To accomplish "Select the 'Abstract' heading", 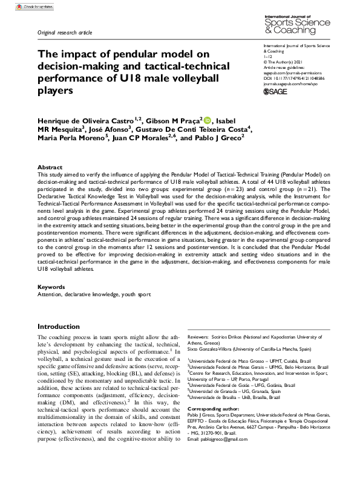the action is point(50,167).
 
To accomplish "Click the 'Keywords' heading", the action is point(51,287).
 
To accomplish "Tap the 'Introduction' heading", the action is point(59,326).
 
